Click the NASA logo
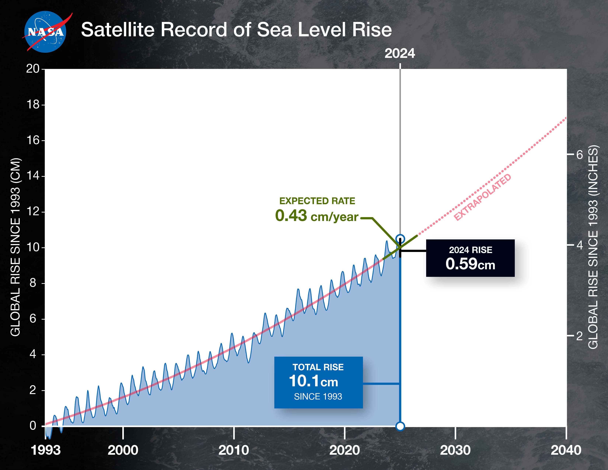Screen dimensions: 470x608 click(x=45, y=32)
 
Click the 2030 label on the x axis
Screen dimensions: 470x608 click(x=455, y=450)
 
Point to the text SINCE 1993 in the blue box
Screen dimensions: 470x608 click(x=318, y=396)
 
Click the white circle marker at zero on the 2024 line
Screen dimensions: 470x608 click(x=400, y=426)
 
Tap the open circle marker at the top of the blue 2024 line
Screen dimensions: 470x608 click(x=400, y=239)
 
